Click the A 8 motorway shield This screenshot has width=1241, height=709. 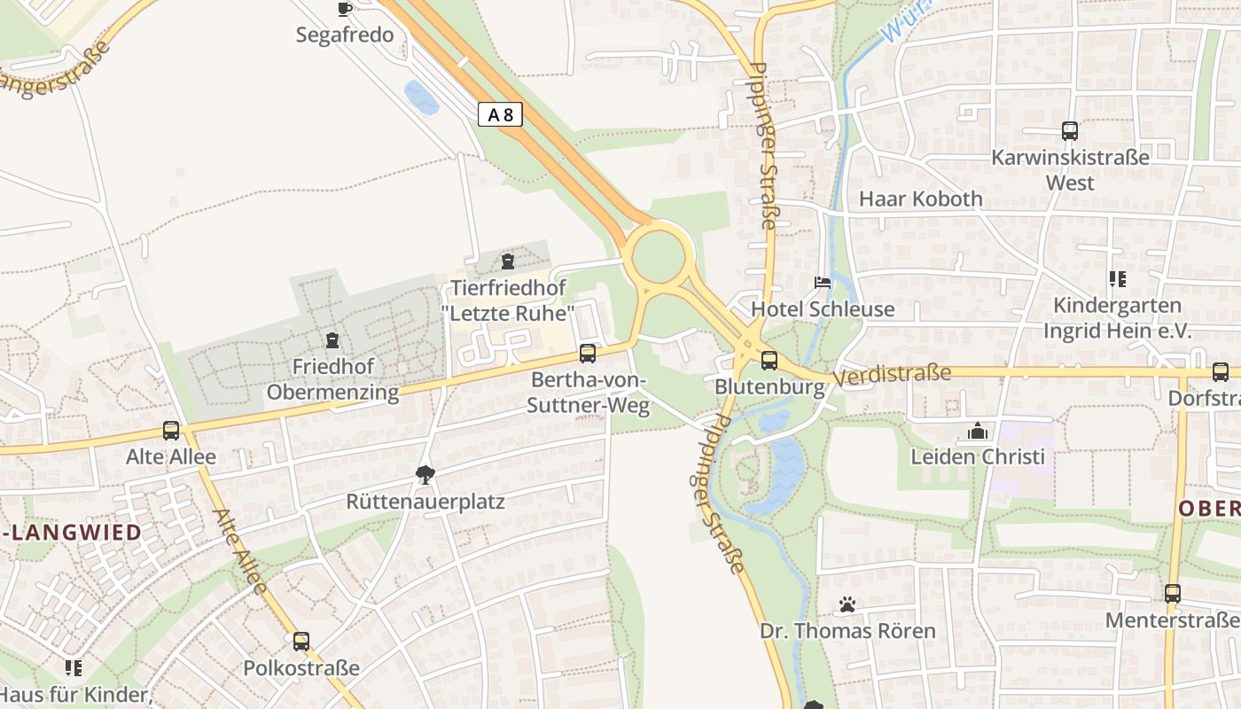click(x=500, y=114)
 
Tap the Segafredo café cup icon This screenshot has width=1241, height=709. click(x=345, y=9)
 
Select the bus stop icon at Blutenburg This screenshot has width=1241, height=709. click(x=769, y=361)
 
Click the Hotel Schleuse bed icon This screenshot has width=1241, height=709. click(x=823, y=283)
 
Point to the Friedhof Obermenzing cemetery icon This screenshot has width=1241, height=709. click(x=332, y=340)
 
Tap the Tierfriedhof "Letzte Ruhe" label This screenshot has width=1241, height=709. click(x=508, y=301)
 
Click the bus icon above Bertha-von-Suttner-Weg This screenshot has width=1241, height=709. click(x=587, y=354)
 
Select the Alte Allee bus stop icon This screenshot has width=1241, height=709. click(x=171, y=431)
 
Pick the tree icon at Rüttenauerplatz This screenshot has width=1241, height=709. click(x=425, y=475)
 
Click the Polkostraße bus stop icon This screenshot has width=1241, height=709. click(x=301, y=641)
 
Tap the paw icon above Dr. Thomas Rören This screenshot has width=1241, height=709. click(x=847, y=604)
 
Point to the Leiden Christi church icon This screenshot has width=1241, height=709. click(x=978, y=432)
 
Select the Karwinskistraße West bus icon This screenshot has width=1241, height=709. click(x=1070, y=131)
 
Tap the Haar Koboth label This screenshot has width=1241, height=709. click(x=921, y=199)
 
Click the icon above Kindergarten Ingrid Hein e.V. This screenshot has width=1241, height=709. click(x=1117, y=279)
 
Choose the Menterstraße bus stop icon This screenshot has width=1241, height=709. click(x=1173, y=593)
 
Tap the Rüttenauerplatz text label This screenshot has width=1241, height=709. click(x=425, y=503)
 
